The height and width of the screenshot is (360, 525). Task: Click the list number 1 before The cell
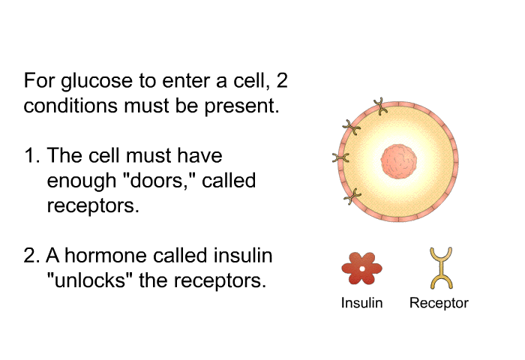point(31,156)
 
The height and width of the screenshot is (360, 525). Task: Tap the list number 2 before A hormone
point(31,256)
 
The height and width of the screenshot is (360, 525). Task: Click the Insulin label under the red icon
point(361,303)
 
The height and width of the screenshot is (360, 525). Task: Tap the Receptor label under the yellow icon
point(439,303)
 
